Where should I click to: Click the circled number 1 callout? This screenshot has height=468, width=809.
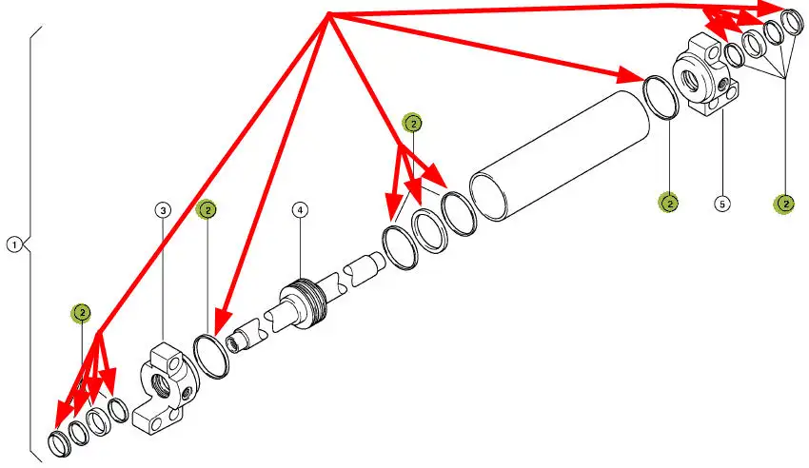tap(14, 244)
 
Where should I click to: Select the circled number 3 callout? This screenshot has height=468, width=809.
tap(164, 208)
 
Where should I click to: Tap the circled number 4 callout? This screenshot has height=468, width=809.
tap(300, 208)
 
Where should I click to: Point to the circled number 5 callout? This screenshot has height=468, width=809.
tap(721, 204)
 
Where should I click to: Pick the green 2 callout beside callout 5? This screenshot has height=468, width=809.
tap(670, 203)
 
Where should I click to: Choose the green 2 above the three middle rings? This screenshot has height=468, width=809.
tap(412, 123)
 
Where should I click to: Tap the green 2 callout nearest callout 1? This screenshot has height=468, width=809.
tap(83, 312)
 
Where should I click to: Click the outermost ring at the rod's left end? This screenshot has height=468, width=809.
tap(59, 442)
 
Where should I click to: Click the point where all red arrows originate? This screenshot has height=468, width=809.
tap(327, 13)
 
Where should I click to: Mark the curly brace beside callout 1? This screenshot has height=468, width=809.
tap(32, 244)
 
